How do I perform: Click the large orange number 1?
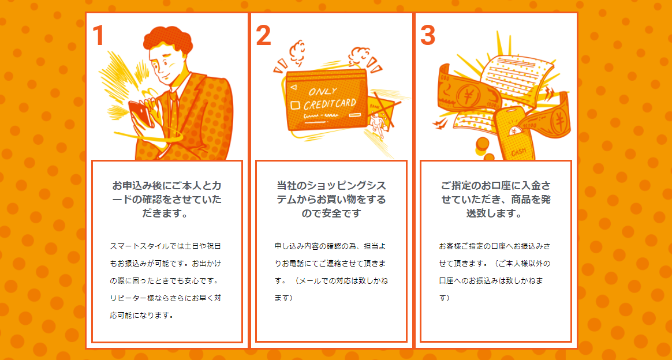pyautogui.click(x=98, y=36)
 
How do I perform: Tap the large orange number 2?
pyautogui.click(x=263, y=36)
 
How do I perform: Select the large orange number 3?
pyautogui.click(x=427, y=36)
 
